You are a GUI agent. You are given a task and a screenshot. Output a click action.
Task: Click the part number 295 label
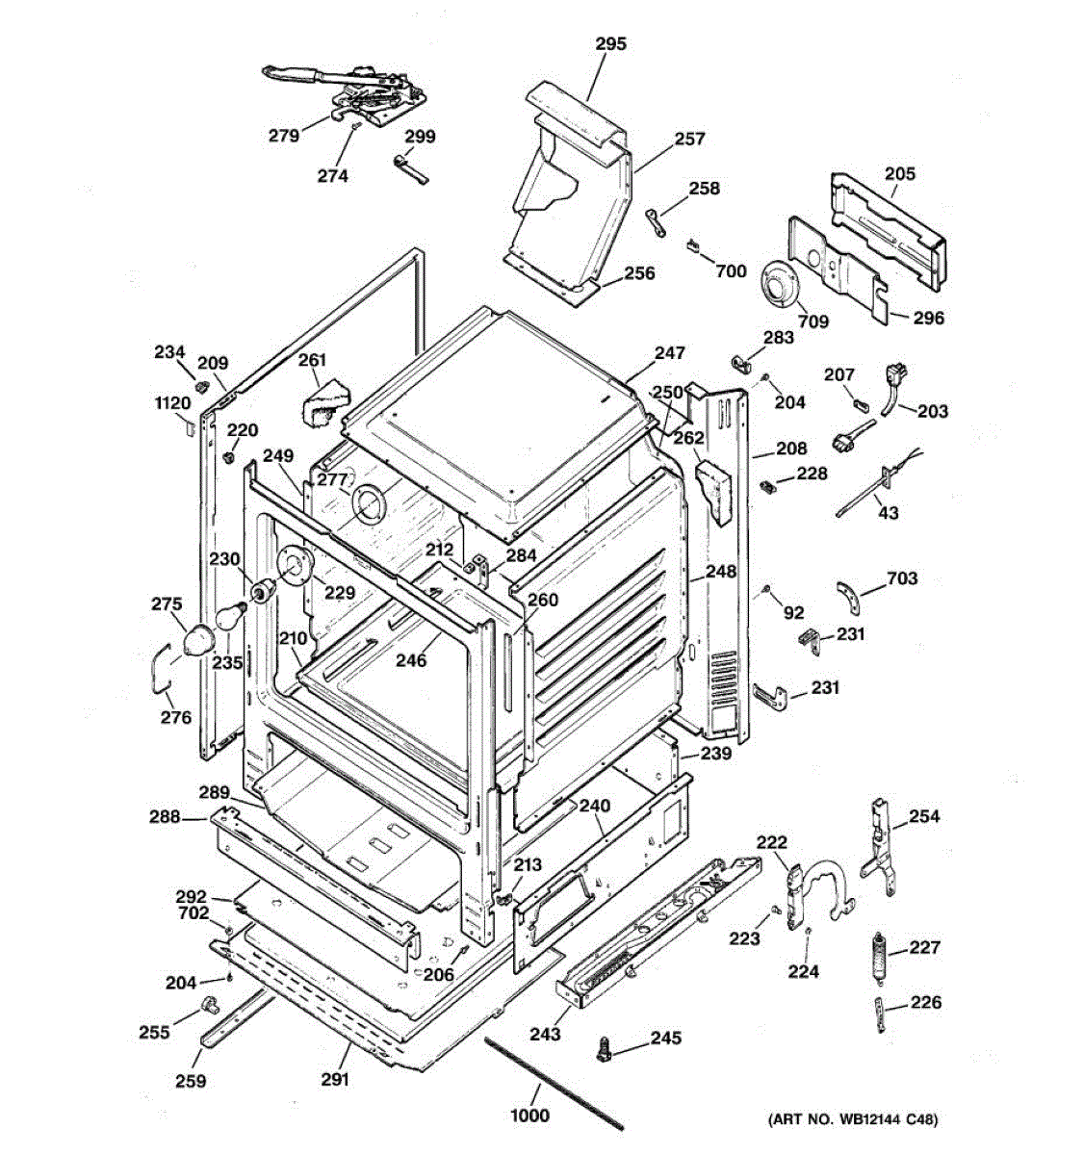pyautogui.click(x=611, y=44)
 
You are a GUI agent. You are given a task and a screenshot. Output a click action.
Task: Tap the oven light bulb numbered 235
pyautogui.click(x=229, y=615)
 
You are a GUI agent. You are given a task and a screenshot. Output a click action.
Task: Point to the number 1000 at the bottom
pyautogui.click(x=529, y=1115)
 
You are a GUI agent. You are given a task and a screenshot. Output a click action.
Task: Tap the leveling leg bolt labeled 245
pyautogui.click(x=603, y=1048)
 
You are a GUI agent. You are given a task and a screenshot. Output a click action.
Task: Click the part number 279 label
pyautogui.click(x=284, y=136)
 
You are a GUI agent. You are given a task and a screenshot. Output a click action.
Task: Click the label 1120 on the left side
pyautogui.click(x=173, y=403)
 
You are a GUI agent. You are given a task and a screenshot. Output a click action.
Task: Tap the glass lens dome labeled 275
pyautogui.click(x=198, y=640)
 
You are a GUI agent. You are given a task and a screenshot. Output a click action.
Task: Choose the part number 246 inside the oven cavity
pyautogui.click(x=411, y=660)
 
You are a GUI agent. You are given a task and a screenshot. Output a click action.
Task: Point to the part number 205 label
pyautogui.click(x=900, y=173)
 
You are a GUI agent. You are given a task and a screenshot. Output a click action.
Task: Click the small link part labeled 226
pyautogui.click(x=880, y=1014)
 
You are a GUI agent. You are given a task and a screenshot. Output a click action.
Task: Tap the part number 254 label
pyautogui.click(x=924, y=816)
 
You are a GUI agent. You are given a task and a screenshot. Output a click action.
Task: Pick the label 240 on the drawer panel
pyautogui.click(x=594, y=805)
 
